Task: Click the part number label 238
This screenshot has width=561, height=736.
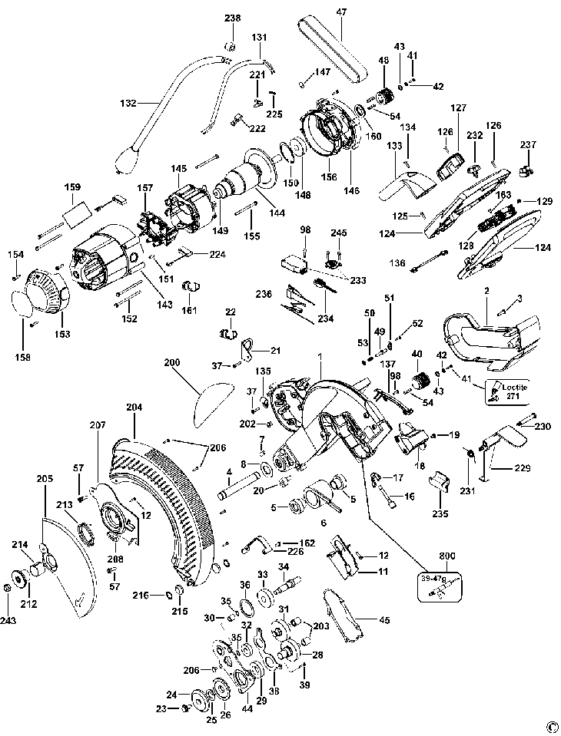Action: coord(232,18)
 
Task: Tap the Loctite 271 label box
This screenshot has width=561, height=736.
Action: coord(506,392)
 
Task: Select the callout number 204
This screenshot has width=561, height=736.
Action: coord(135,409)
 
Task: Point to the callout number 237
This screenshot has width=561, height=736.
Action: coord(529,146)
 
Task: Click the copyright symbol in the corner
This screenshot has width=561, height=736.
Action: coord(550,725)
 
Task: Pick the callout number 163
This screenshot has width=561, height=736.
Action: coord(503,195)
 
